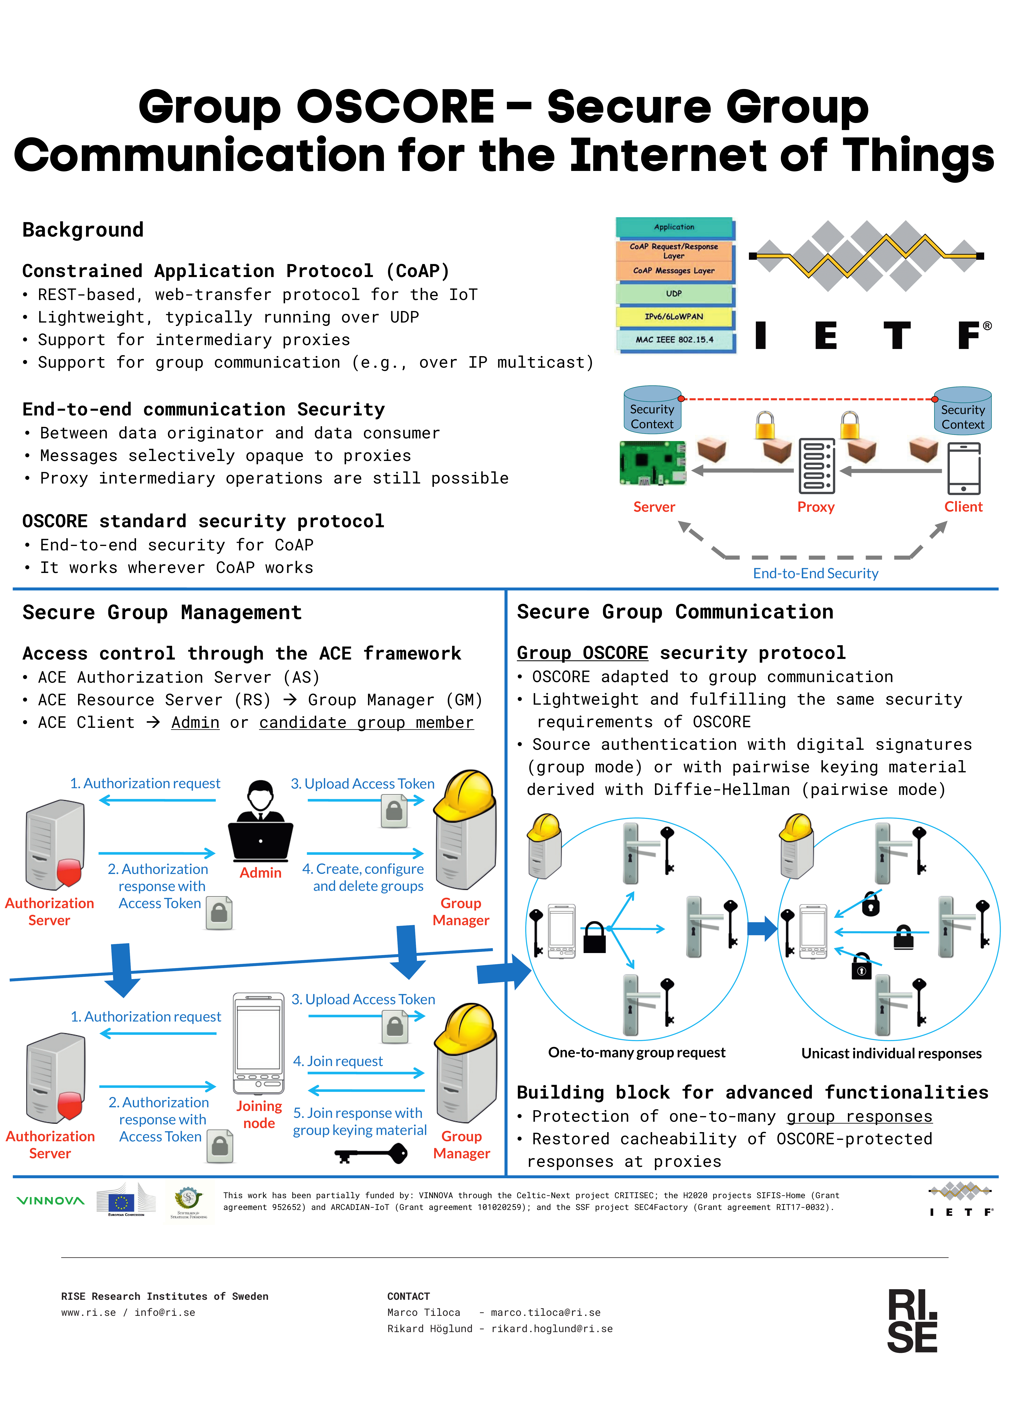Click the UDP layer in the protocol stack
(674, 293)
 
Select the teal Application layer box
(674, 227)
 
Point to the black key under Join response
(371, 1155)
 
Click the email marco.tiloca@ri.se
(545, 1312)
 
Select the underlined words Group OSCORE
(583, 653)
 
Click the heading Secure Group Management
(162, 612)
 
